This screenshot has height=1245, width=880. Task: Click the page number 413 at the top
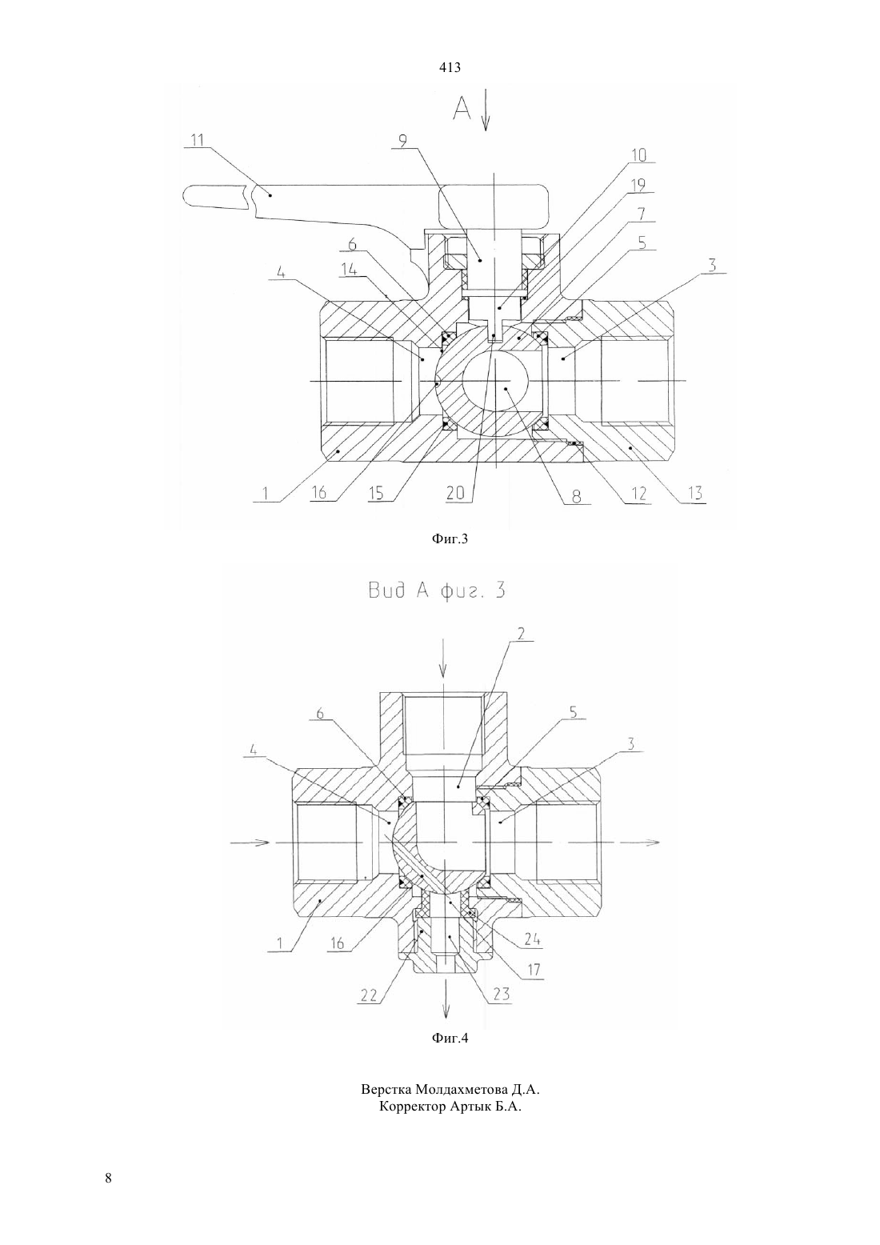[450, 68]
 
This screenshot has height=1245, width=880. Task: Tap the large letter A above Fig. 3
[462, 109]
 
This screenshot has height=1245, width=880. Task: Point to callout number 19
[638, 185]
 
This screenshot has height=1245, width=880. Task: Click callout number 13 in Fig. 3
[695, 493]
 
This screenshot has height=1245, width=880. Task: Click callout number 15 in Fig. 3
[376, 494]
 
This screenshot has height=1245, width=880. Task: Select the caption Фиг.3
[450, 538]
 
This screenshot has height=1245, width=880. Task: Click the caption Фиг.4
[450, 1049]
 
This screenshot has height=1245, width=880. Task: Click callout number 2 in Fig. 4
[522, 633]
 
